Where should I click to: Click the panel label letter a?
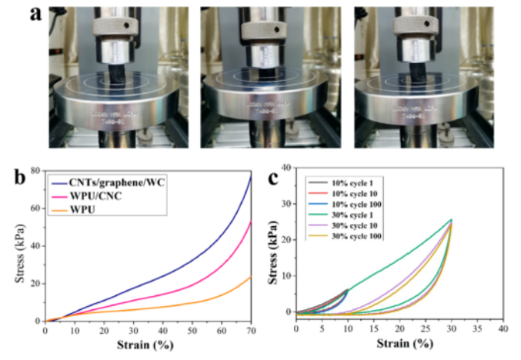coord(35,15)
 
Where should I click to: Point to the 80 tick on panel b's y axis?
coord(35,170)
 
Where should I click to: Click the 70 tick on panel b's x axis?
coord(252,331)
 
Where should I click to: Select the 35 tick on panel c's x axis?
coord(476,328)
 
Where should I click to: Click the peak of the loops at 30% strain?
coord(451,220)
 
